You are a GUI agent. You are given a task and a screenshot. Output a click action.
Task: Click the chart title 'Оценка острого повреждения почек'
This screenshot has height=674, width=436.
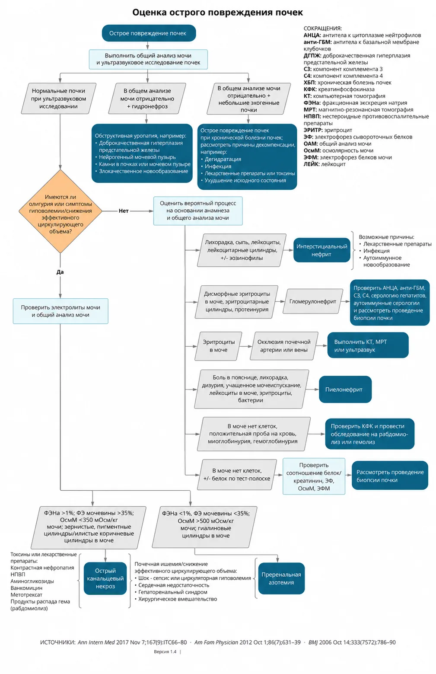pyautogui.click(x=217, y=13)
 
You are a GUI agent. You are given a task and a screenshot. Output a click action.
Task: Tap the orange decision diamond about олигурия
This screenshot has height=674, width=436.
pyautogui.click(x=60, y=211)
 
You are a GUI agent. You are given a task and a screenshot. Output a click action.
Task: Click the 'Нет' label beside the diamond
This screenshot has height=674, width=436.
pyautogui.click(x=124, y=211)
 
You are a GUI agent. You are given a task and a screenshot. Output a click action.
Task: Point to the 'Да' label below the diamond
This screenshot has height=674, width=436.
pyautogui.click(x=60, y=272)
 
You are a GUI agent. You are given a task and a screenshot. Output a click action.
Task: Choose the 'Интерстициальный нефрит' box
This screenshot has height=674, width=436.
pyautogui.click(x=322, y=250)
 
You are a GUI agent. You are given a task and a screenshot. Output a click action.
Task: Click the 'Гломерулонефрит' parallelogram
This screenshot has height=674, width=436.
pyautogui.click(x=313, y=301)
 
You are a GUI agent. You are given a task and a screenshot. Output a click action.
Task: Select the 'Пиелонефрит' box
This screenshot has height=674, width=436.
pyautogui.click(x=345, y=390)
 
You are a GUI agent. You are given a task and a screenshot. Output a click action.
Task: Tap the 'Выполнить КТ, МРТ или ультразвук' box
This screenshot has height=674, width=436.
pyautogui.click(x=368, y=345)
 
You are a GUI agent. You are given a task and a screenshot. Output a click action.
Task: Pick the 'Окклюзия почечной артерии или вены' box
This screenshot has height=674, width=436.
pyautogui.click(x=284, y=346)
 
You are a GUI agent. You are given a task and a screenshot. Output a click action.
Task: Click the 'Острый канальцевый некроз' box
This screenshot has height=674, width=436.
pyautogui.click(x=105, y=578)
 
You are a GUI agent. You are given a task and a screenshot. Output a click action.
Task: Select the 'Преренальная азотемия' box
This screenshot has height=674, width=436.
pyautogui.click(x=281, y=578)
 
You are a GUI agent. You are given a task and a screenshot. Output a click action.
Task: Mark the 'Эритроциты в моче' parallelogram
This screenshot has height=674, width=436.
pyautogui.click(x=219, y=346)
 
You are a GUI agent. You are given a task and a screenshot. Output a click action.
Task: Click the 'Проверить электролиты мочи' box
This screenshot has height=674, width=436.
pyautogui.click(x=60, y=311)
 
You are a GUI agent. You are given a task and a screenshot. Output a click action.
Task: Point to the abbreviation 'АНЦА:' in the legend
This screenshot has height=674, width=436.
pyautogui.click(x=312, y=35)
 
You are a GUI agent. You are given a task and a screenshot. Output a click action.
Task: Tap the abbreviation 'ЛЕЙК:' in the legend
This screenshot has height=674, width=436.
pyautogui.click(x=312, y=164)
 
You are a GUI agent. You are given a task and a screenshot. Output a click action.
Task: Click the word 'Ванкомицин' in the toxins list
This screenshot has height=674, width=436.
pyautogui.click(x=26, y=588)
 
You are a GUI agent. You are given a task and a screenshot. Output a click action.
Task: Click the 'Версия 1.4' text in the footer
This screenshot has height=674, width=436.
pyautogui.click(x=165, y=652)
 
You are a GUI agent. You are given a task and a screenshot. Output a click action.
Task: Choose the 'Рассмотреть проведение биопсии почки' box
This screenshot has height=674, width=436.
pyautogui.click(x=390, y=476)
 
